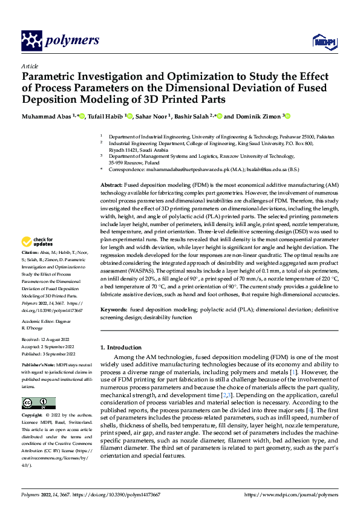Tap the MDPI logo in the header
[x=323, y=41]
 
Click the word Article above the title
[x=29, y=66]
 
